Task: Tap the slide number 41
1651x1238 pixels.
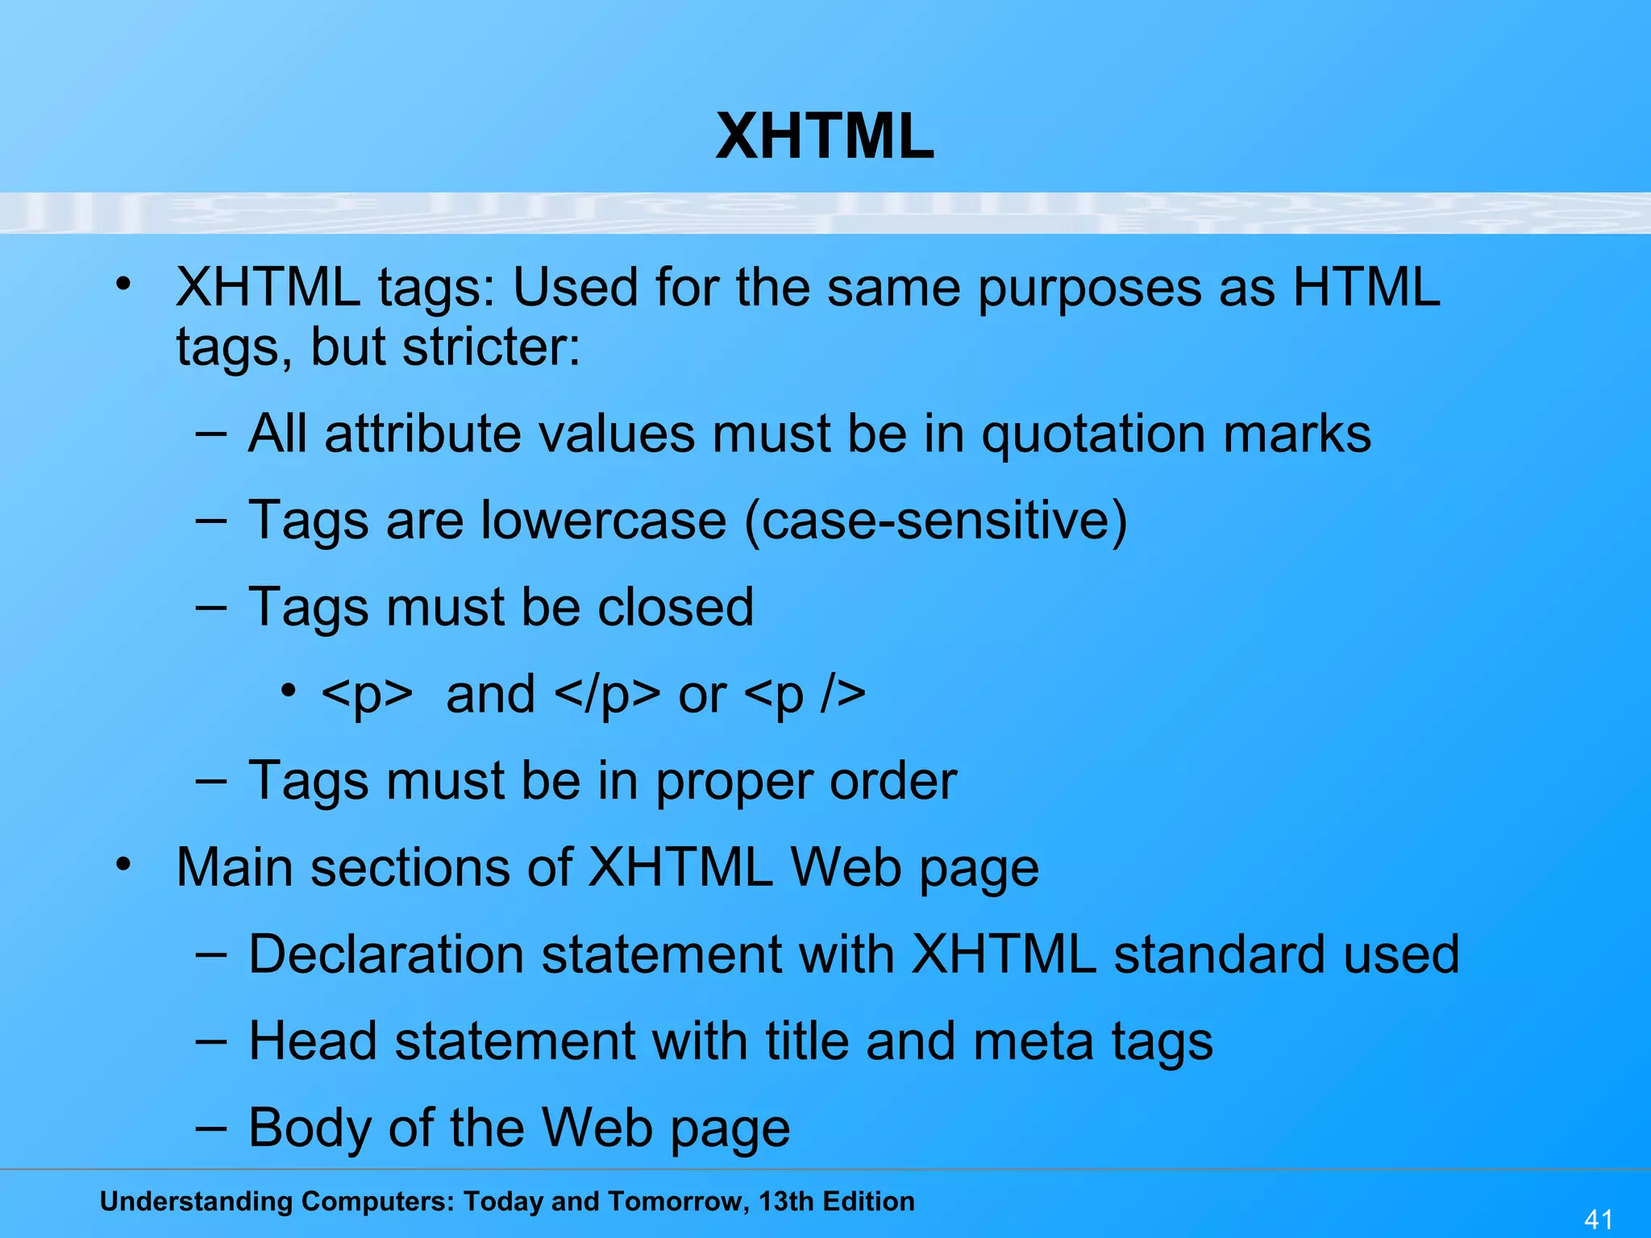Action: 1599,1219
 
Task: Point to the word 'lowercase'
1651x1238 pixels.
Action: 604,521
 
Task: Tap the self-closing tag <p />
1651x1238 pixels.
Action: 805,695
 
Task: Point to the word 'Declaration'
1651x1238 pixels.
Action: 386,955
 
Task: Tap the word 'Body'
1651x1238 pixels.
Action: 310,1128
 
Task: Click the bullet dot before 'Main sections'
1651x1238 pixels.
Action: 123,865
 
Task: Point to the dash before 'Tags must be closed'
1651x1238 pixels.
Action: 210,606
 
